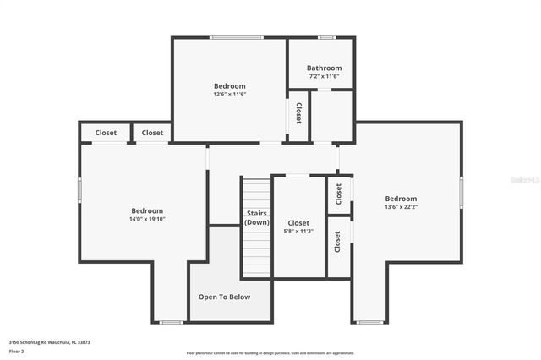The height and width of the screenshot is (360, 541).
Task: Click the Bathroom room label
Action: tap(324, 68)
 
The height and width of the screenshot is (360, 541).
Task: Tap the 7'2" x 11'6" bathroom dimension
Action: tap(324, 76)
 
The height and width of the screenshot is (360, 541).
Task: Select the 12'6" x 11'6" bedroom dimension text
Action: tap(229, 95)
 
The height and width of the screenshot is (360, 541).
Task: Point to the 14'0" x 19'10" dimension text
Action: tap(147, 219)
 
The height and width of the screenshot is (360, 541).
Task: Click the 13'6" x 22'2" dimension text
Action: tap(401, 206)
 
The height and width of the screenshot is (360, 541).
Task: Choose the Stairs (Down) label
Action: tap(257, 217)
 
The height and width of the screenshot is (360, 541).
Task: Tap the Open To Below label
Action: tap(224, 297)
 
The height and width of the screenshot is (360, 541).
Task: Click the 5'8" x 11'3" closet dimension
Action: tap(298, 231)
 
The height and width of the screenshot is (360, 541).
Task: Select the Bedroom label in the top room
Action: tap(229, 86)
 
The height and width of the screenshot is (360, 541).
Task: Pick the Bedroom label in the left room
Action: tap(147, 210)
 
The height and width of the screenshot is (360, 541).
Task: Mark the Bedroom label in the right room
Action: tap(401, 199)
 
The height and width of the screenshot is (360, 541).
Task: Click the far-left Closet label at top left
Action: tap(106, 133)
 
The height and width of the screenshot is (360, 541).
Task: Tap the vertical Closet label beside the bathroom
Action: tap(298, 114)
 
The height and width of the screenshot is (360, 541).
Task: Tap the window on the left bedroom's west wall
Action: tap(80, 189)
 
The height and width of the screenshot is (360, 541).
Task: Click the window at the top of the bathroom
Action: tap(326, 37)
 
